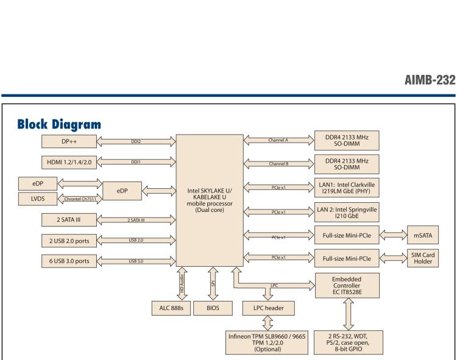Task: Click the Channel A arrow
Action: click(278, 140)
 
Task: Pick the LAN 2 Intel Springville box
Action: click(347, 213)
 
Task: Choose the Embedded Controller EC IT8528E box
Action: click(347, 284)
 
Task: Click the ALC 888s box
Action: click(169, 308)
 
